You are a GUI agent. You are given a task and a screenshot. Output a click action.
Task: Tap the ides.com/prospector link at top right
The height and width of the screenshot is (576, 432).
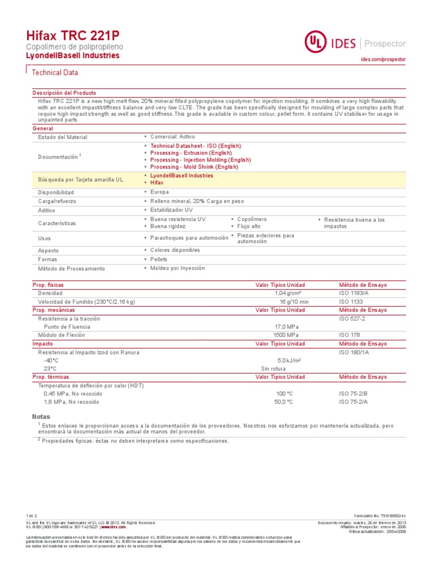click(x=382, y=59)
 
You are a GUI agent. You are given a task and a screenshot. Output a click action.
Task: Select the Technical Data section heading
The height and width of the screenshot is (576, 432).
click(x=55, y=73)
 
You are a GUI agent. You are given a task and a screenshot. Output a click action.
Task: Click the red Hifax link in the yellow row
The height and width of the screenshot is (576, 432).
click(x=157, y=183)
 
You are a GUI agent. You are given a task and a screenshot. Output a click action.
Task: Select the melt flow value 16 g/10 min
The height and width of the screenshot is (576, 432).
click(x=294, y=302)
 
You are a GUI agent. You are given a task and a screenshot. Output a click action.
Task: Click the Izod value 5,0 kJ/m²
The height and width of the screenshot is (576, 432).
click(x=289, y=361)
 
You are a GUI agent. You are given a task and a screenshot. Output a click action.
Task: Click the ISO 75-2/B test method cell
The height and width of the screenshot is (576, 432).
click(x=353, y=394)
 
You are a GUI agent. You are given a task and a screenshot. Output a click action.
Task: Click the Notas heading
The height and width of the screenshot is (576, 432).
click(x=42, y=417)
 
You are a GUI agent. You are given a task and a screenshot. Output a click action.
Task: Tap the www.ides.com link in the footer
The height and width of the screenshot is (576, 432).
click(x=114, y=527)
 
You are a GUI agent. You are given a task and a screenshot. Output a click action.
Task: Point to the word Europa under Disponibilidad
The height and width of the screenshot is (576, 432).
click(x=160, y=192)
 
